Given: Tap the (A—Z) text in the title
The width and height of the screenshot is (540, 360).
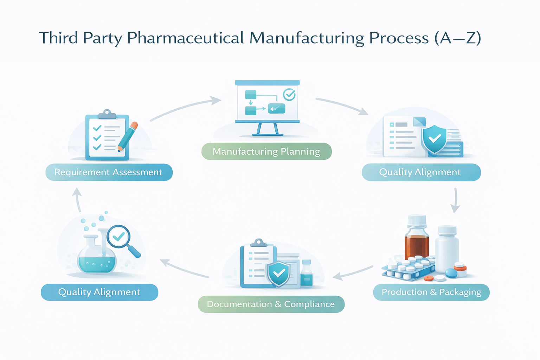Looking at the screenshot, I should pos(457,38).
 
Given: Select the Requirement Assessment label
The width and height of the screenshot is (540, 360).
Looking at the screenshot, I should pos(109,172).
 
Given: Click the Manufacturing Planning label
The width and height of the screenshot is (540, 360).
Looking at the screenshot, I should pos(266,152).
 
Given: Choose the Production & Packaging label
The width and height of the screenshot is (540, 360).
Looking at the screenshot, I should pos(431,292).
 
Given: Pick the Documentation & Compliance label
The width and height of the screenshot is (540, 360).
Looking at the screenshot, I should pos(271,304).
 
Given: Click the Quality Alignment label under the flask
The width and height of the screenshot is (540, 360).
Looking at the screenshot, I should pos(99,292).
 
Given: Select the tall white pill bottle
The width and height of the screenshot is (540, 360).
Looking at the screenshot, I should pos(447,248).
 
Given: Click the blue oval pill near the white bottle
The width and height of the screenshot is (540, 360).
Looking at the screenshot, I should pos(451,273).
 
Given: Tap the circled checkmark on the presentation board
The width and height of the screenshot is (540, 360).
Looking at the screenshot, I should pos(289,94).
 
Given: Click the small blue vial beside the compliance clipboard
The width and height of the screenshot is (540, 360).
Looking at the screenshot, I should pos(307,274).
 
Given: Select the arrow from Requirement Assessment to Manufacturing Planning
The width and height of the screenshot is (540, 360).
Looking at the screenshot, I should pos(185,107).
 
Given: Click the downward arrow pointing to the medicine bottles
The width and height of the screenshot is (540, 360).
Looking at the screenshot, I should pos(455,200).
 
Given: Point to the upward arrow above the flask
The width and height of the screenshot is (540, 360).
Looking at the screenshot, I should pos(77,199).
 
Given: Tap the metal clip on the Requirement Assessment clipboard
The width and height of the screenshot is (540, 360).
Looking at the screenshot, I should pos(107,114).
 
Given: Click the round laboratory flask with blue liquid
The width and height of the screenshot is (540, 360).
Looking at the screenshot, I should pos(96,257).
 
